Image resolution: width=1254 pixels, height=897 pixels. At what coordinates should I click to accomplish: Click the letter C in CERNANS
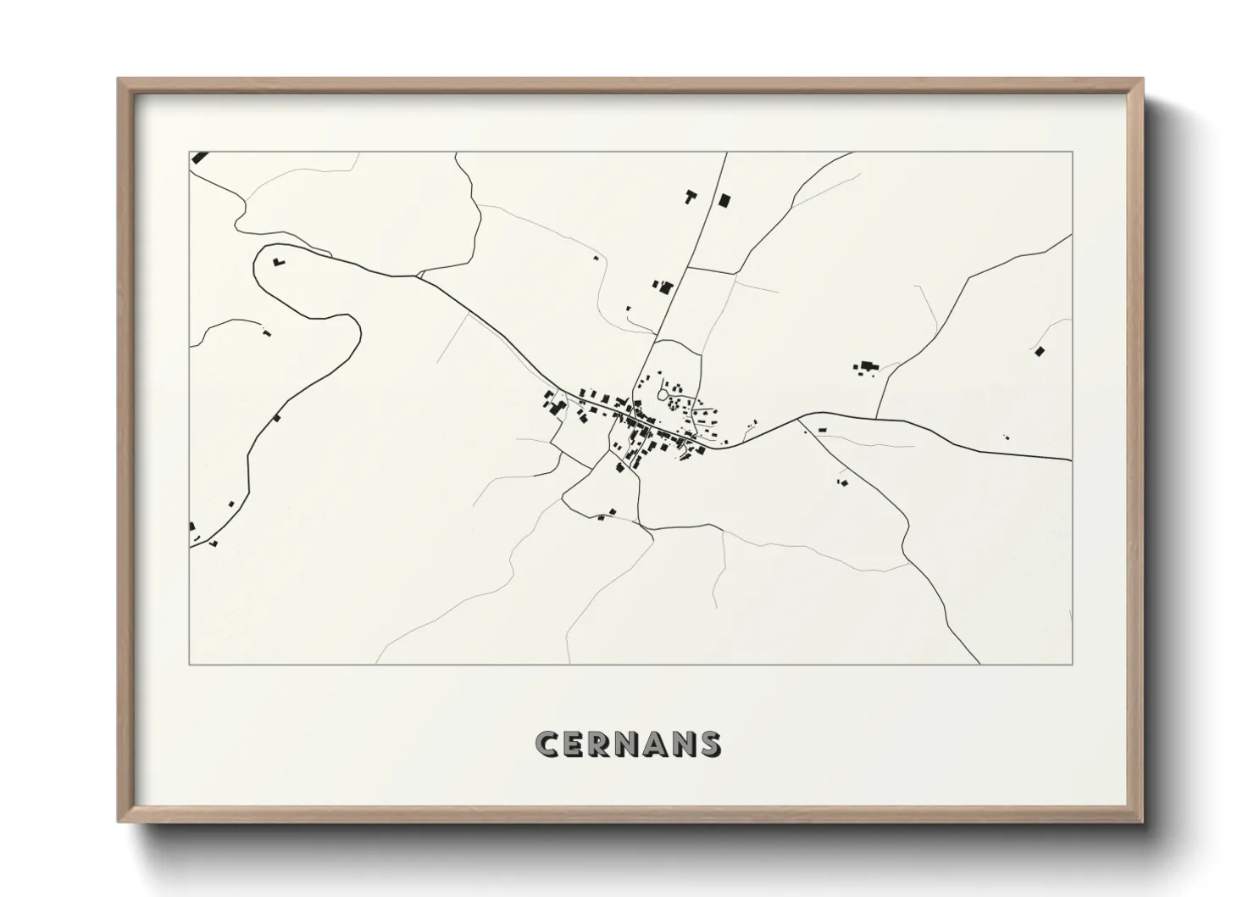pyautogui.click(x=547, y=744)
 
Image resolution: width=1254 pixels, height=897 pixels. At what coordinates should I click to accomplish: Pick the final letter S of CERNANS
pyautogui.click(x=708, y=744)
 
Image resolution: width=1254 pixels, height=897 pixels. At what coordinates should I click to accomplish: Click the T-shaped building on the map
pyautogui.click(x=691, y=198)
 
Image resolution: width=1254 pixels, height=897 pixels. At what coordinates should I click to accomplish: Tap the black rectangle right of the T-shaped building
pyautogui.click(x=724, y=200)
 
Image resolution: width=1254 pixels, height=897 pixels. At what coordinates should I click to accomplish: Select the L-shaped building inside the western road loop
pyautogui.click(x=278, y=262)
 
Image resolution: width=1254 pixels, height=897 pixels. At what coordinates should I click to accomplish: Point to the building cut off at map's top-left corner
pyautogui.click(x=200, y=157)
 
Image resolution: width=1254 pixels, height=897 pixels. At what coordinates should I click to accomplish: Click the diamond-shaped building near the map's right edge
pyautogui.click(x=1040, y=350)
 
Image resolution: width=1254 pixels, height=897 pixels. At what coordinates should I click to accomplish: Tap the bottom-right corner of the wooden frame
pyautogui.click(x=1141, y=822)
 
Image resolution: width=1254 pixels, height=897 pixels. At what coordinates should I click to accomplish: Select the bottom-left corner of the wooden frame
pyautogui.click(x=119, y=822)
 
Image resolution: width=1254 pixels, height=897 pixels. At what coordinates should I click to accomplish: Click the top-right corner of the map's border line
pyautogui.click(x=1072, y=152)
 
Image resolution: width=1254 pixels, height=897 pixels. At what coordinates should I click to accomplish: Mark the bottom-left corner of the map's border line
pyautogui.click(x=190, y=665)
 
